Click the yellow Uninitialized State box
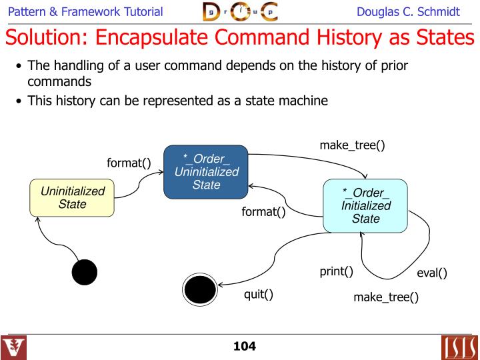72,198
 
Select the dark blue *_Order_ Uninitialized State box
206,171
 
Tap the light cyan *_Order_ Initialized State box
365,205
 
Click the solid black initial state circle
85,272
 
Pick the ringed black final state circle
199,289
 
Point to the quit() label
259,294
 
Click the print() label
336,271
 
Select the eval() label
431,273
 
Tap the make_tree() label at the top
352,145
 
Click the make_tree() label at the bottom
386,297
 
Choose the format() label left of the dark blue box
129,163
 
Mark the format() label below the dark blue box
263,213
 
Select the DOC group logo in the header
239,12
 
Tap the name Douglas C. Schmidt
408,12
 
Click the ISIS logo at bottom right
458,347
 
